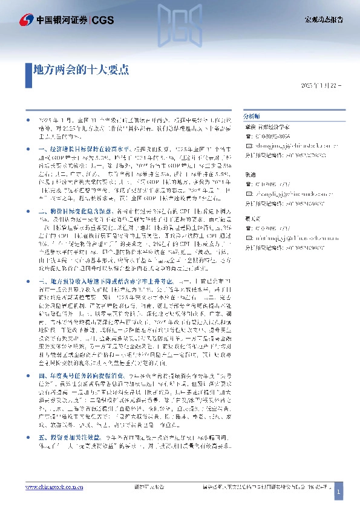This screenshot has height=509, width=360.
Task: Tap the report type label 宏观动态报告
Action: coord(323,19)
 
